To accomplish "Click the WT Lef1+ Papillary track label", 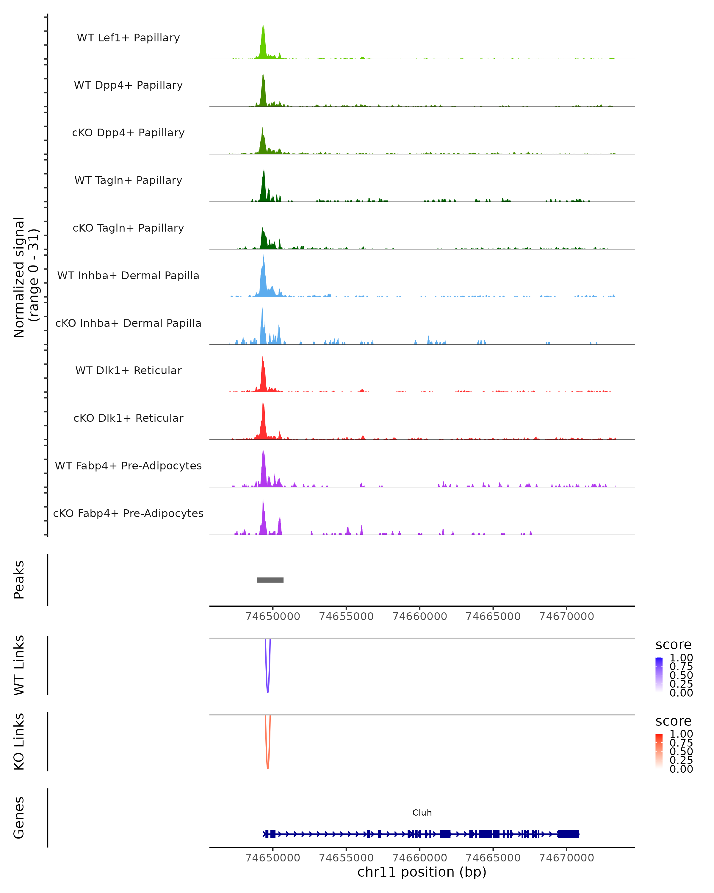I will pyautogui.click(x=128, y=38).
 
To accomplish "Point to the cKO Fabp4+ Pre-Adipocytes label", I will pyautogui.click(x=128, y=513).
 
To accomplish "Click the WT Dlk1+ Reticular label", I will pyautogui.click(x=128, y=370).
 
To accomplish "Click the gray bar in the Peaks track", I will pyautogui.click(x=270, y=580).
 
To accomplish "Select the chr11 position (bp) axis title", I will pyautogui.click(x=422, y=872).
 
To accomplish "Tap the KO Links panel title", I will pyautogui.click(x=19, y=741).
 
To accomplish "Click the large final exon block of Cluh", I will pyautogui.click(x=568, y=834).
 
